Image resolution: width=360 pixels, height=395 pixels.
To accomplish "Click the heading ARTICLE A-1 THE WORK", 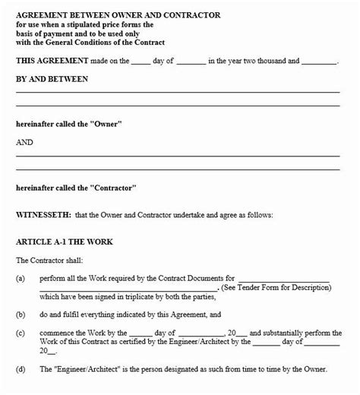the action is [64, 242].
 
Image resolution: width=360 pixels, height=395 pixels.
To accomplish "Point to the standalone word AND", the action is [26, 141].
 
